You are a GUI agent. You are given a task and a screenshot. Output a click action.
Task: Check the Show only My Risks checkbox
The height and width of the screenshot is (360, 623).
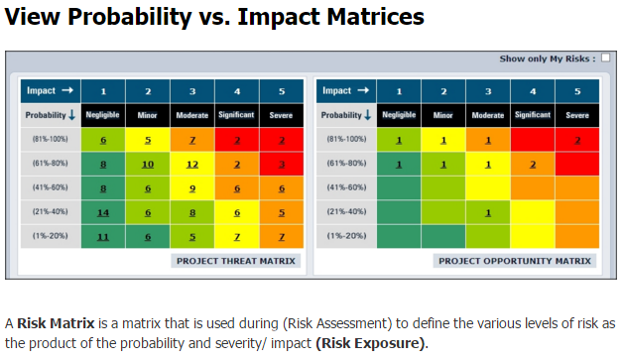tap(605, 59)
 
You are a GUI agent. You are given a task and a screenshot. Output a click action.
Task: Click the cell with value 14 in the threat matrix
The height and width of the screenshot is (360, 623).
tap(102, 211)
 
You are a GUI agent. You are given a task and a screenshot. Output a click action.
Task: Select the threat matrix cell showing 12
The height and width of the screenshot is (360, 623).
tap(192, 164)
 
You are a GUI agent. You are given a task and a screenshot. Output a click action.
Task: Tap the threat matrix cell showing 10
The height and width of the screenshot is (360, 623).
tap(147, 164)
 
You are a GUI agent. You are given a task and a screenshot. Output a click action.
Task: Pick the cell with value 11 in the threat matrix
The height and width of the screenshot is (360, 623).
tap(102, 236)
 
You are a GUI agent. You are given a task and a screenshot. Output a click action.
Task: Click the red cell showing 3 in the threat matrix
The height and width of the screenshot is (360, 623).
tap(282, 164)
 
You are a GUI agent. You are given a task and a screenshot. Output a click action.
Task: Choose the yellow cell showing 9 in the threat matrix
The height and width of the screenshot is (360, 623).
tap(192, 187)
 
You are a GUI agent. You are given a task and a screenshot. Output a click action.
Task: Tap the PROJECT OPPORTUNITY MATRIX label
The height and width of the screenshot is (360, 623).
tap(514, 261)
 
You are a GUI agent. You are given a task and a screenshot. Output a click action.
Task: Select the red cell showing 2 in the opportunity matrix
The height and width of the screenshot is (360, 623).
tap(577, 140)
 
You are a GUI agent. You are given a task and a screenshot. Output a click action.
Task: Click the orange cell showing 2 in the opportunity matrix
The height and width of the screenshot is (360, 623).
tap(533, 164)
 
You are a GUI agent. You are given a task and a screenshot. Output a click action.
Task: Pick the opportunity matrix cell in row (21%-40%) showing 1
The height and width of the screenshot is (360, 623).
tap(488, 211)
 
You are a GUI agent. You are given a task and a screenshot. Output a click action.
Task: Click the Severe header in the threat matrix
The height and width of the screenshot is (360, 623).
tap(282, 114)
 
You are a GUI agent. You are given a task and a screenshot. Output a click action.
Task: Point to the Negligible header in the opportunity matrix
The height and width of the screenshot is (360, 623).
tap(399, 114)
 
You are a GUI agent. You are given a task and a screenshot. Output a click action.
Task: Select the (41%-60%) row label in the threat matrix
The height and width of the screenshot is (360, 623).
tap(49, 187)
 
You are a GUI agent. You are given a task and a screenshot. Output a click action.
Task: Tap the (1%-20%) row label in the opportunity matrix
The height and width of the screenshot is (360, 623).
tap(346, 236)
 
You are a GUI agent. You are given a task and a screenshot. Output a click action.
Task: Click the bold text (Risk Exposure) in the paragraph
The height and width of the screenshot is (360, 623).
tap(369, 343)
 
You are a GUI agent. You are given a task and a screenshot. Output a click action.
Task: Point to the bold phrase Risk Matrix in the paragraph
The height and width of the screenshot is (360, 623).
tap(50, 324)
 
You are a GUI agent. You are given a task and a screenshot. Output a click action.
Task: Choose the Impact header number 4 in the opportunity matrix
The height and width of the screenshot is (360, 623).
tap(533, 90)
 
